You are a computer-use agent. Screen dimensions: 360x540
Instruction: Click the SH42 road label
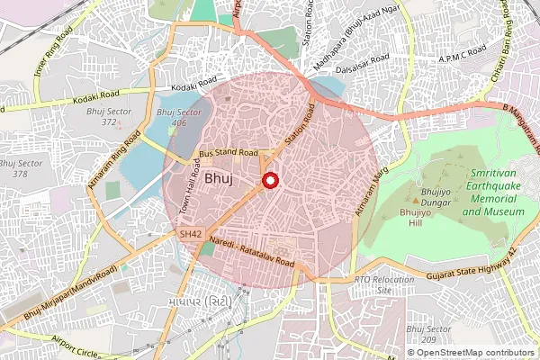(x=190, y=234)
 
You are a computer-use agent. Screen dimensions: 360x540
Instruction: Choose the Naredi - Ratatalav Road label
(x=251, y=251)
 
